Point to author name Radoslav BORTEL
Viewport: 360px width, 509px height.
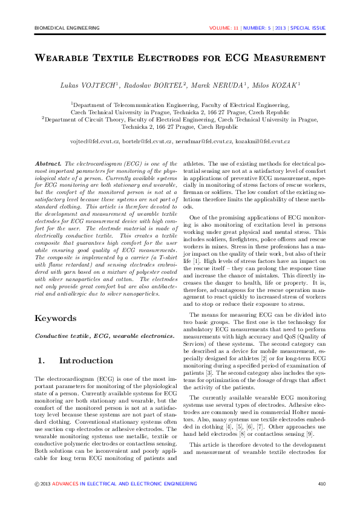[x=154, y=86]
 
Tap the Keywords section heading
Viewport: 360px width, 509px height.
[x=56, y=319]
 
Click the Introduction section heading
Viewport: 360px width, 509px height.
[x=86, y=361]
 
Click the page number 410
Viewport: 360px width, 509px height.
[x=321, y=484]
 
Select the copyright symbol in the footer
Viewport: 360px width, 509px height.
[x=37, y=484]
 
